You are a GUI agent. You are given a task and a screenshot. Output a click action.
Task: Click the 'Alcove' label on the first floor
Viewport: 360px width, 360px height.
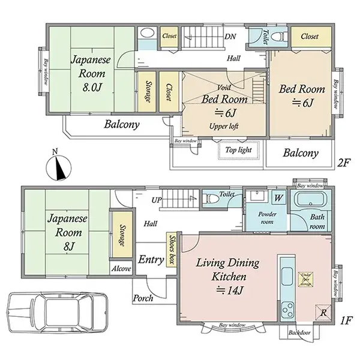[x=121, y=269]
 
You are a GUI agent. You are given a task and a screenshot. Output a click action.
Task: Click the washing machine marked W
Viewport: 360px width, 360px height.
[x=279, y=197]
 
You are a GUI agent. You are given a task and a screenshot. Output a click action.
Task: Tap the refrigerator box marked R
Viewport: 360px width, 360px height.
[x=322, y=311]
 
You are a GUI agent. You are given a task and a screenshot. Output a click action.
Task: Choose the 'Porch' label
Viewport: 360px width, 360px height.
[x=143, y=298]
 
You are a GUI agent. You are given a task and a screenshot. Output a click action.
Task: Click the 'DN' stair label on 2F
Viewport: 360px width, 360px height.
[x=229, y=36]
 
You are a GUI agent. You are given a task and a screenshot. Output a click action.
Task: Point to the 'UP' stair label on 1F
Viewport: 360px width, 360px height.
[x=157, y=199]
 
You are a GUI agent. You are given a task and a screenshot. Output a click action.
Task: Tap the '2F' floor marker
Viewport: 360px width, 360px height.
[x=344, y=163]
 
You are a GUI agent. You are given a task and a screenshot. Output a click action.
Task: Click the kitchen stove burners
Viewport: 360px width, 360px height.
[x=286, y=310]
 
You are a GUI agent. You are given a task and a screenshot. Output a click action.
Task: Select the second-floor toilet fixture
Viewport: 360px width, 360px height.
[x=277, y=37]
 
